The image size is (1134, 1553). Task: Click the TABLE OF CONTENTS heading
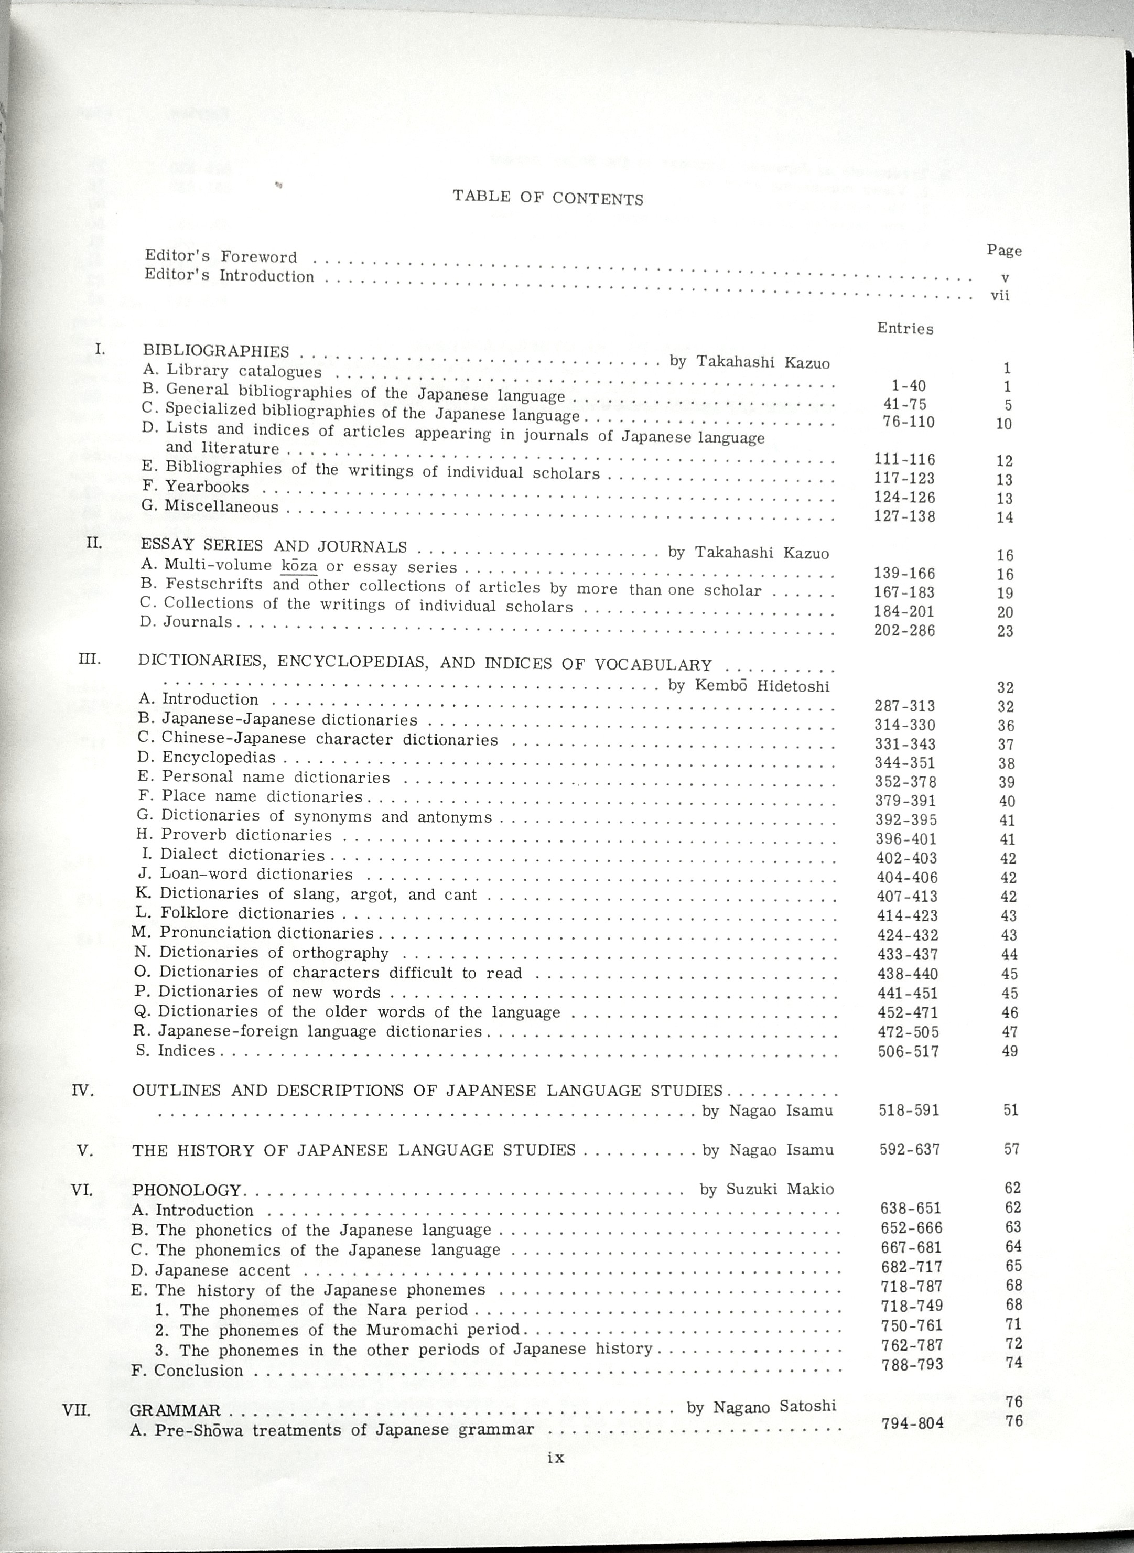[x=548, y=198]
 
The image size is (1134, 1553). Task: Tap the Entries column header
[x=905, y=328]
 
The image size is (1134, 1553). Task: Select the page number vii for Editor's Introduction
[x=1000, y=297]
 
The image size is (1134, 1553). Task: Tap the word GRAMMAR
[x=175, y=1411]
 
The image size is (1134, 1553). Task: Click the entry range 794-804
[x=912, y=1423]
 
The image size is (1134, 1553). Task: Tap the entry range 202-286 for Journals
[x=904, y=630]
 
